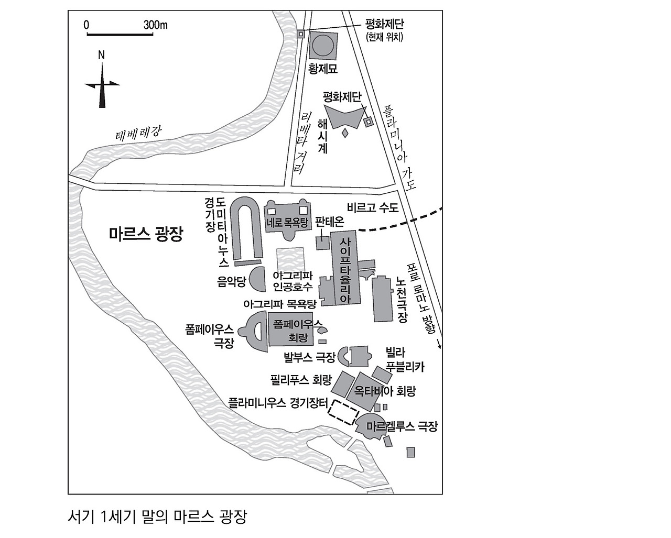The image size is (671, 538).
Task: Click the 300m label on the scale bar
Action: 155,25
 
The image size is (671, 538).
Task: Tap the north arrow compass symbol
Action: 102,84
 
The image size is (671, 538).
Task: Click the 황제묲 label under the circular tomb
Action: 322,69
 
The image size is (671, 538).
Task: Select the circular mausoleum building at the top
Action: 322,46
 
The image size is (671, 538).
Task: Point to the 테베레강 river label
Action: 138,135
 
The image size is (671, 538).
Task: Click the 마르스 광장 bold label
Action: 146,234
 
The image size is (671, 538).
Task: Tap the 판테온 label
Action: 330,222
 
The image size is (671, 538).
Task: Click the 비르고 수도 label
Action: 373,208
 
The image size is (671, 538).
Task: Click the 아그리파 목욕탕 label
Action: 280,304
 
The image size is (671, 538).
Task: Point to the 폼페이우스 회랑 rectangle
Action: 291,330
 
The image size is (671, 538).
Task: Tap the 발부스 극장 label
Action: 309,358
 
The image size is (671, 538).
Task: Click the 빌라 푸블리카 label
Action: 405,359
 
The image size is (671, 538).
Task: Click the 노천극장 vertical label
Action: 402,299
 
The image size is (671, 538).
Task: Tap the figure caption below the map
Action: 157,517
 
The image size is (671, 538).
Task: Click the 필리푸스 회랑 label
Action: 301,379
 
